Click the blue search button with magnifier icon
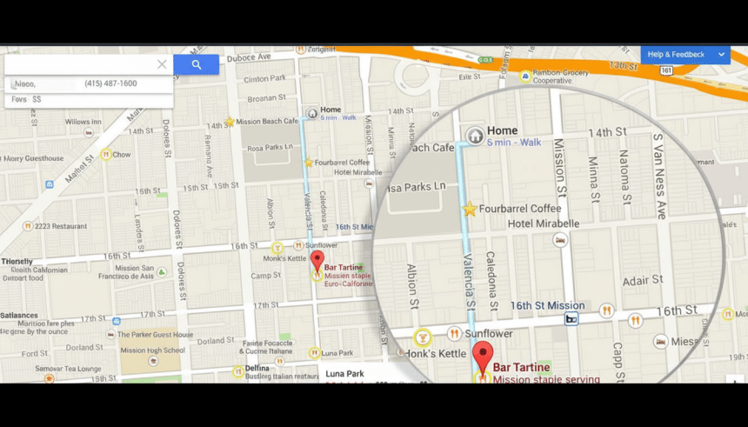point(196,64)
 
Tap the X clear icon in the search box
point(162,64)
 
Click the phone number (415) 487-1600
point(110,83)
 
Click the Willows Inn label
point(83,122)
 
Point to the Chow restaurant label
point(122,155)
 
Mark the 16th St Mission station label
point(547,305)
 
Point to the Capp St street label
point(617,361)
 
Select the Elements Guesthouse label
point(33,159)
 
